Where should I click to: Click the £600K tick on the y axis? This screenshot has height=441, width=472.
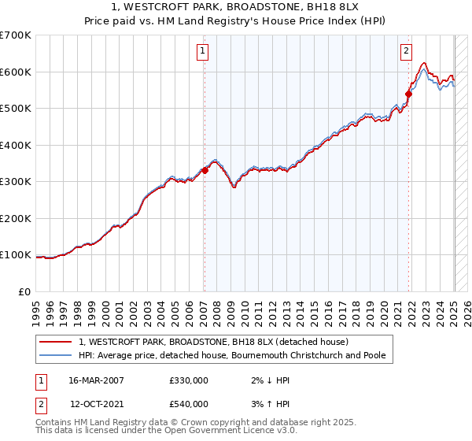click(x=16, y=72)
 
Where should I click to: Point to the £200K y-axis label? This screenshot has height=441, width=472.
click(x=16, y=218)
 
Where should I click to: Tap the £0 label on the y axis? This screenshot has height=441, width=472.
click(x=24, y=291)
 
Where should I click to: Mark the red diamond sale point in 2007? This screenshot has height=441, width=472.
click(x=205, y=169)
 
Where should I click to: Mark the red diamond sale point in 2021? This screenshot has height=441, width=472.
click(x=408, y=93)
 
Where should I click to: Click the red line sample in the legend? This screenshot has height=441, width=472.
click(x=57, y=342)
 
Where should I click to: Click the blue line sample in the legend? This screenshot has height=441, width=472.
click(x=57, y=355)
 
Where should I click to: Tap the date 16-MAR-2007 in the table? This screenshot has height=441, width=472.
click(x=97, y=380)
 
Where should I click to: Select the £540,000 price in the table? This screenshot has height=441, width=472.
click(x=189, y=404)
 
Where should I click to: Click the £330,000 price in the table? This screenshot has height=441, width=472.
click(x=189, y=380)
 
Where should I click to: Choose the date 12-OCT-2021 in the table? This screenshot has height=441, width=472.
click(x=97, y=404)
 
